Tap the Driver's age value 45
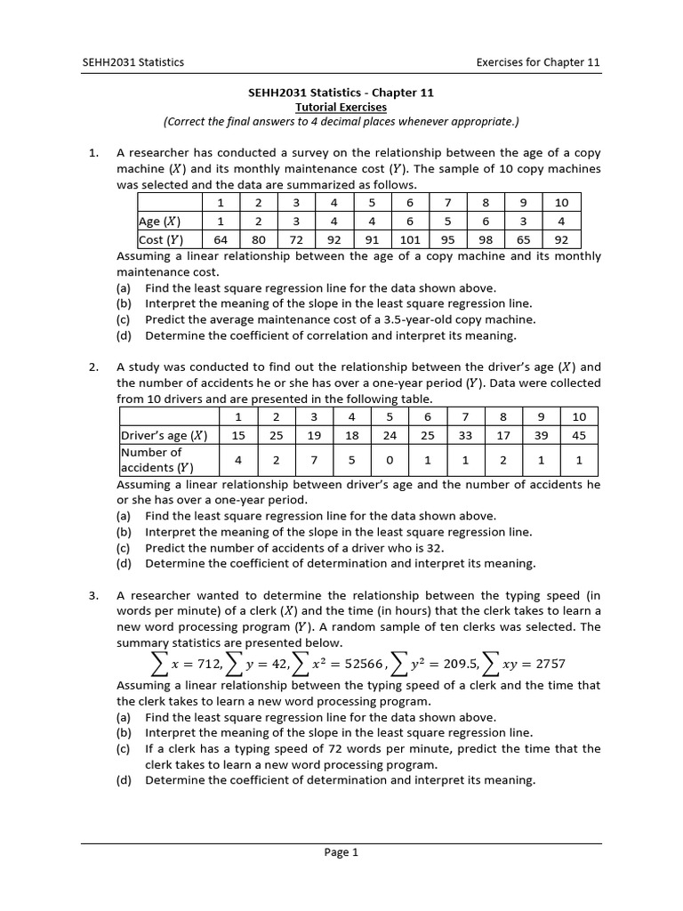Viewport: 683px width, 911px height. tap(579, 435)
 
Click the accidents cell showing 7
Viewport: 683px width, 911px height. tap(314, 460)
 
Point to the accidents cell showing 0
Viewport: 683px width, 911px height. tap(390, 460)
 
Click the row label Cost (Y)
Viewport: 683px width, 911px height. tap(160, 239)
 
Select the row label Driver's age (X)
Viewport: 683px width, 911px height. tap(164, 435)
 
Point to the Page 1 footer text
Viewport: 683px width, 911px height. tap(341, 852)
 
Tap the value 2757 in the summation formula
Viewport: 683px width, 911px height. tap(544, 664)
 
